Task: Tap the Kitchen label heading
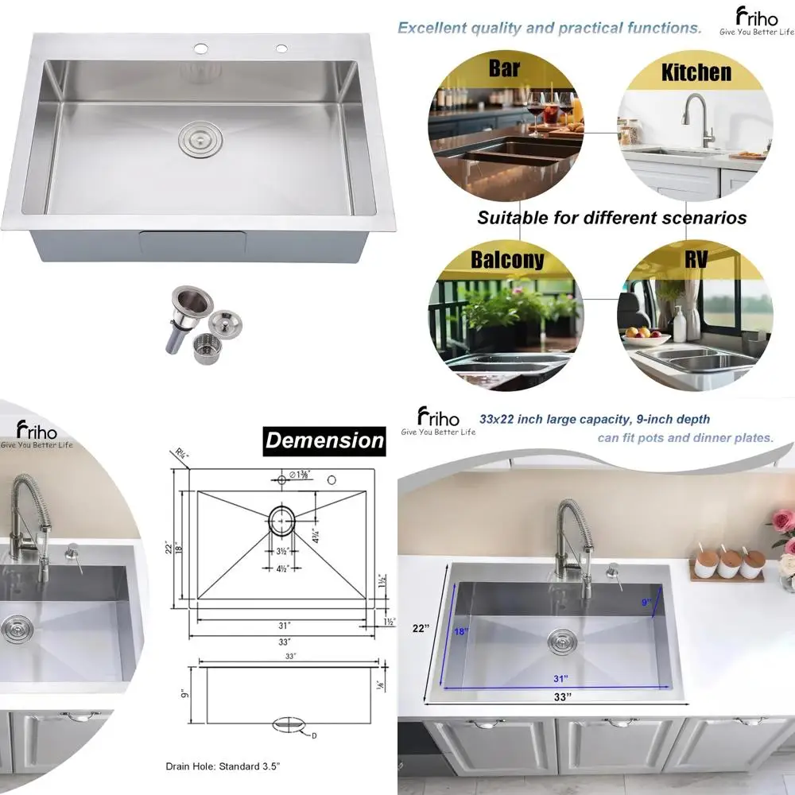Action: click(696, 72)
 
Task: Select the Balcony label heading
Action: click(507, 259)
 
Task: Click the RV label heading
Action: click(696, 259)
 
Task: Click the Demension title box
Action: click(324, 440)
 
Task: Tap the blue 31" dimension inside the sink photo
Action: click(561, 679)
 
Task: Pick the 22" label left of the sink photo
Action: click(421, 628)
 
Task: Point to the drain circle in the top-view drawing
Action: click(281, 522)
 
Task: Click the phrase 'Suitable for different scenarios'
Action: click(611, 217)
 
